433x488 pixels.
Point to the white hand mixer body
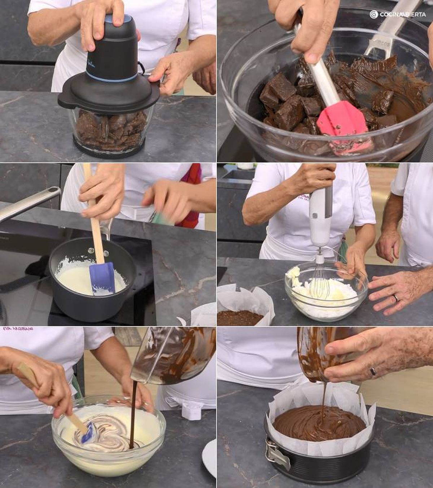pos(320,217)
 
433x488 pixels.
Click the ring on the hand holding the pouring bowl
pos(373,371)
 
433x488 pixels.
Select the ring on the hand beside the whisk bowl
pos(395,298)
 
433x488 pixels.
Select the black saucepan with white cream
pos(90,286)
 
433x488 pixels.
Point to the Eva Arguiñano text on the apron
pos(18,329)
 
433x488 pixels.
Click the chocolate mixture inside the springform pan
pos(318,423)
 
